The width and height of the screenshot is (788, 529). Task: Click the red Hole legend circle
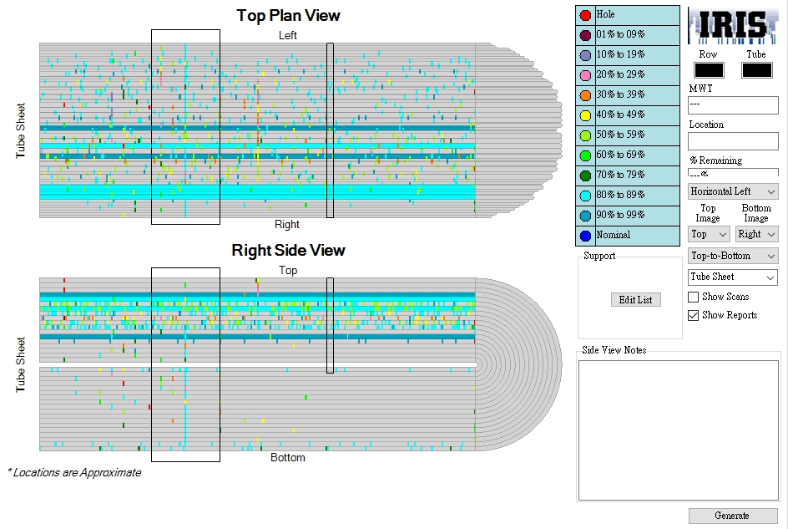click(x=585, y=15)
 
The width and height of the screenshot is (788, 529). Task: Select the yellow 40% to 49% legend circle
click(x=585, y=115)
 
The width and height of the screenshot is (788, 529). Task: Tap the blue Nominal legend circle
click(x=585, y=236)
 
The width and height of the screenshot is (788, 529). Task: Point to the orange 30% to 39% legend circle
click(x=585, y=95)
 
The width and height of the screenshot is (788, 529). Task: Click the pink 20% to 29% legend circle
click(x=585, y=75)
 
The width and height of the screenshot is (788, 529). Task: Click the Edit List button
click(x=636, y=299)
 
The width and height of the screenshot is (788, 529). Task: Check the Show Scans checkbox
click(x=693, y=297)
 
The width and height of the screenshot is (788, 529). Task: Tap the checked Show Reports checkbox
click(x=693, y=315)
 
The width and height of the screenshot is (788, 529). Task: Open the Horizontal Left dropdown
click(x=733, y=191)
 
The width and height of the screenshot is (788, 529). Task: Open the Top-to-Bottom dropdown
click(x=733, y=256)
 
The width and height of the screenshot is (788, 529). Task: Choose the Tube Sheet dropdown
click(x=733, y=277)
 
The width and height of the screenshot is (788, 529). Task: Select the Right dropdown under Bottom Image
click(x=756, y=234)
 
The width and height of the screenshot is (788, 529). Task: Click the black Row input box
click(x=709, y=70)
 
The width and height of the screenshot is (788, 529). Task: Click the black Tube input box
click(x=757, y=70)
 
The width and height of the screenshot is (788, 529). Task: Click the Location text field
click(x=733, y=141)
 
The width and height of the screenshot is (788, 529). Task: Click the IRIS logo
click(x=733, y=26)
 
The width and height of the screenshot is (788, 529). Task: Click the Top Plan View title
click(x=289, y=16)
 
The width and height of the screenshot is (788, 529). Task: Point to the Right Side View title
click(x=289, y=250)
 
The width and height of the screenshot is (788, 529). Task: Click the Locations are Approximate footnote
click(x=74, y=473)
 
